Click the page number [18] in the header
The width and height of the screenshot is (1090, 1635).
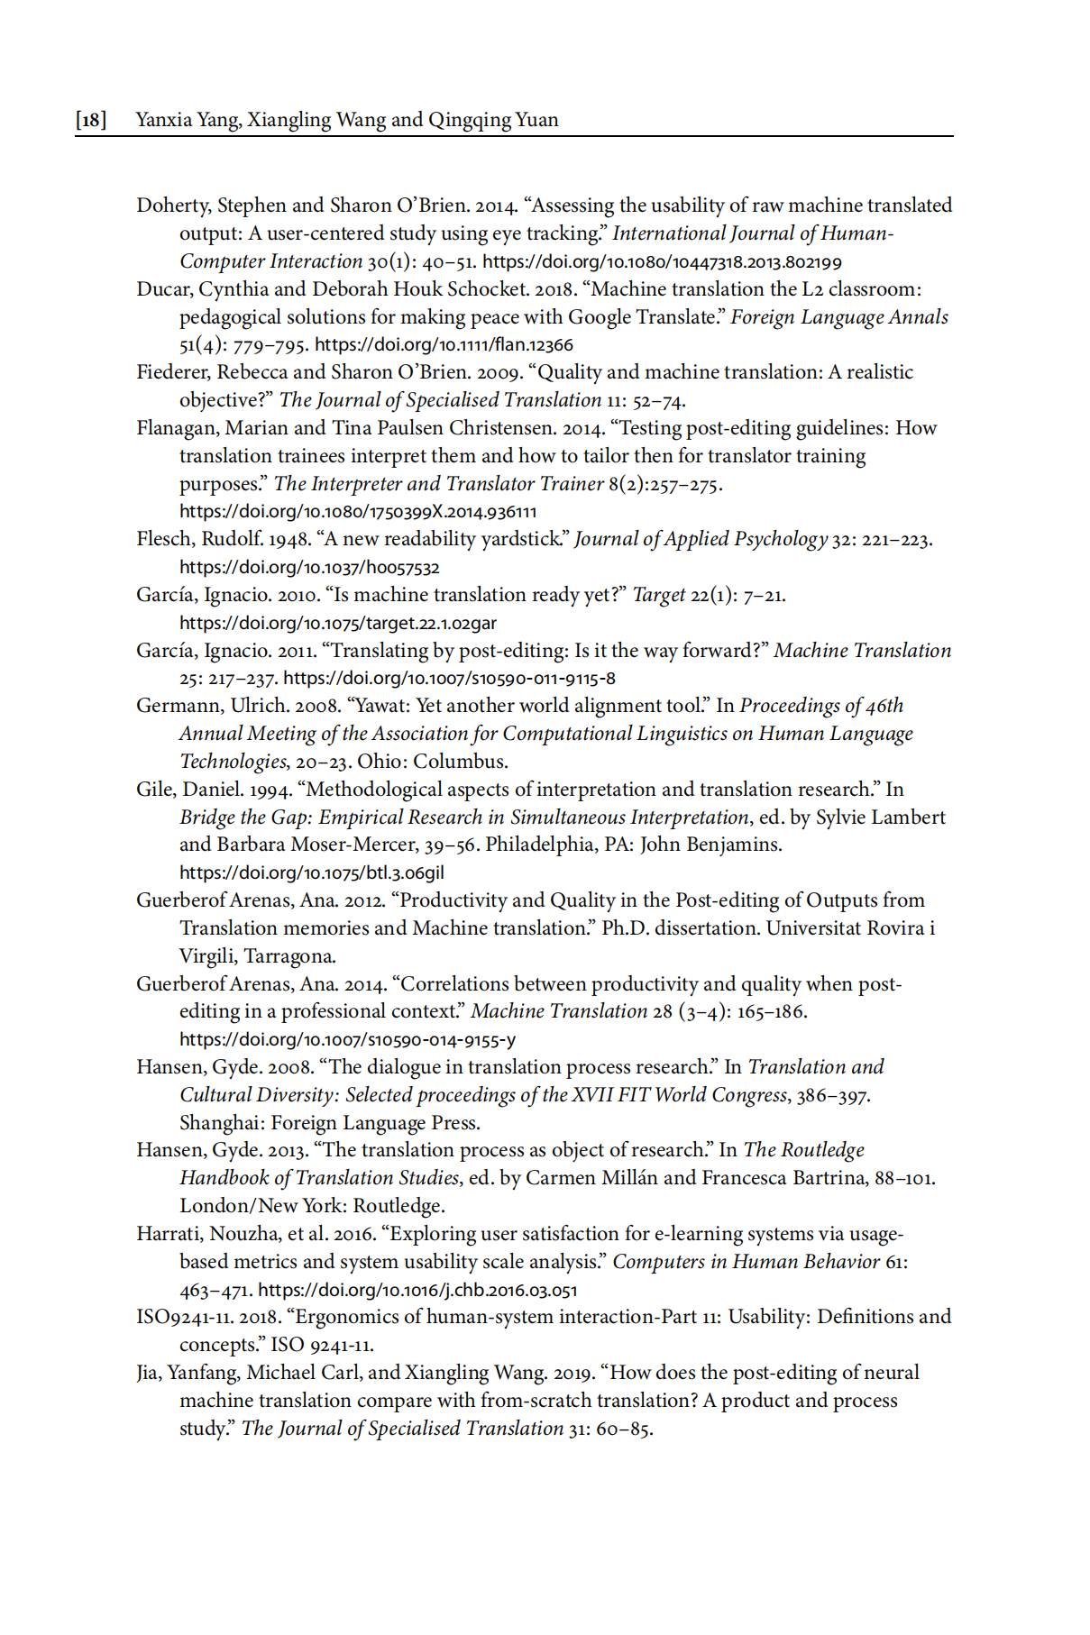coord(91,120)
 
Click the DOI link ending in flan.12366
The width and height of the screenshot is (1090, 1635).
coord(444,345)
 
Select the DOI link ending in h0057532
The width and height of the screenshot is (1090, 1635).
coord(309,568)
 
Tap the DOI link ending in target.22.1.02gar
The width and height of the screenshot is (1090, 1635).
coord(338,624)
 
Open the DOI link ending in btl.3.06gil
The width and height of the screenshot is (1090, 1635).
coord(312,873)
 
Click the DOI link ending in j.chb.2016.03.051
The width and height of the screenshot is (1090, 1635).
coord(417,1291)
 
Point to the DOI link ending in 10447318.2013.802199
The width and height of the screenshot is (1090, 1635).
coord(662,262)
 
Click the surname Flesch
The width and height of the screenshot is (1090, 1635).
coord(165,539)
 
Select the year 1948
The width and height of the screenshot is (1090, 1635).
coord(289,539)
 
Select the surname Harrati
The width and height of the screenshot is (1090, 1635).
coord(170,1234)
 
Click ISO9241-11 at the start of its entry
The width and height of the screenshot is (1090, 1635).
coord(184,1317)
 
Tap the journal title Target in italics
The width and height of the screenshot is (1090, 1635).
coord(658,595)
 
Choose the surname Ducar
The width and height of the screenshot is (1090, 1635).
coord(163,289)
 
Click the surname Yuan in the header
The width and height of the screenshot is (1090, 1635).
coord(537,120)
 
